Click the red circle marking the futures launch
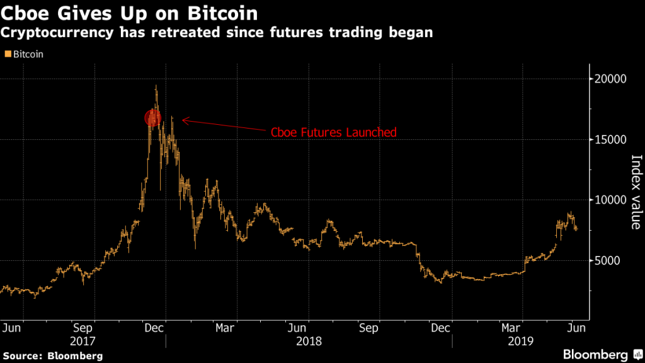coord(152,117)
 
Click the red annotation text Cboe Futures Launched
coord(333,132)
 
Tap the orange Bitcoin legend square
coord(8,55)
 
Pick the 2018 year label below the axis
coord(308,341)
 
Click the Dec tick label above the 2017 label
coord(156,328)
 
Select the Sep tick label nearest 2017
coord(84,328)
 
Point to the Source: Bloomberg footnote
coord(52,355)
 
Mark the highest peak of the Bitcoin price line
coord(156,86)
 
